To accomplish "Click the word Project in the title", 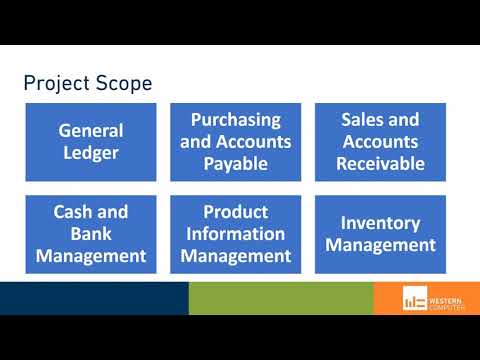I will tap(56, 83).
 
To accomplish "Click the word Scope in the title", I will tap(122, 83).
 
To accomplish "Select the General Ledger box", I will tap(91, 142).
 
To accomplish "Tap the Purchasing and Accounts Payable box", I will tap(236, 142).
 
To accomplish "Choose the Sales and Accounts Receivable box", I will tap(382, 142).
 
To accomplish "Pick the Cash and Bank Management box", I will tap(91, 234).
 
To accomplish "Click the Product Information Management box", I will tap(236, 234).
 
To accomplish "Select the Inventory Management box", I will tap(382, 234).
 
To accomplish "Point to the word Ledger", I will tap(91, 153).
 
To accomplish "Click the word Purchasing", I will tap(236, 120).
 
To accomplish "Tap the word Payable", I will tap(236, 164).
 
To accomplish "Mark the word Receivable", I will tap(382, 164).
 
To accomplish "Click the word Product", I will tap(236, 212).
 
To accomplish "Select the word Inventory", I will tap(382, 223).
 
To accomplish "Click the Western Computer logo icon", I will tap(413, 299).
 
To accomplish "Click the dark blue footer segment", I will tap(94, 298).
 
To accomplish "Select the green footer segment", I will tap(281, 298).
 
